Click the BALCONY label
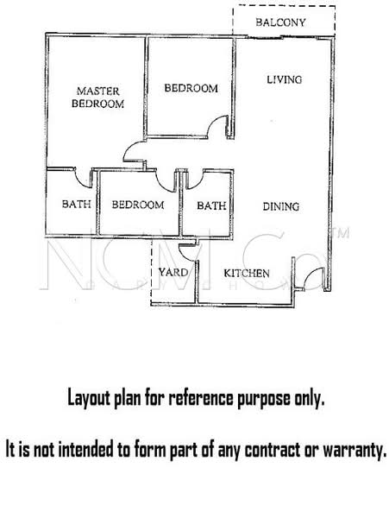(x=281, y=22)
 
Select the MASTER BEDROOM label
(x=97, y=97)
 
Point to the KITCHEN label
(x=248, y=274)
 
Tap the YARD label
(x=167, y=274)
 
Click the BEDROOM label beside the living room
(x=191, y=88)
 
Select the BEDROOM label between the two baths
(x=138, y=205)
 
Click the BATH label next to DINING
(x=211, y=205)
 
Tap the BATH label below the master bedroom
(x=71, y=205)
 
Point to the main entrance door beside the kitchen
(x=311, y=279)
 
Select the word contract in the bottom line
(x=269, y=450)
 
